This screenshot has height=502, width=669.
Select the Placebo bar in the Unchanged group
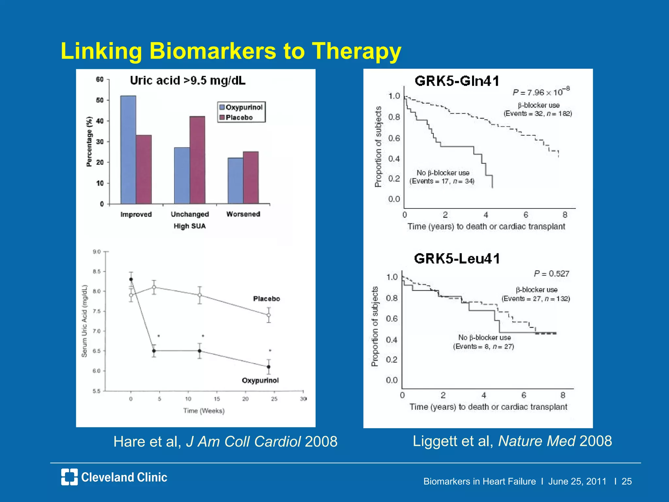coord(197,160)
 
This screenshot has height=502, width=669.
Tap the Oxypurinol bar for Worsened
coord(235,181)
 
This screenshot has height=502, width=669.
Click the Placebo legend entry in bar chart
coord(239,118)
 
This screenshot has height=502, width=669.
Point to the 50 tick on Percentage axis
coord(100,100)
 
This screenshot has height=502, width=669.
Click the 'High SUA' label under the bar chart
coord(189,226)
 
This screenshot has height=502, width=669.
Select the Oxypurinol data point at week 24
coord(269,367)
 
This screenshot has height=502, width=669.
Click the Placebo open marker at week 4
coord(154,287)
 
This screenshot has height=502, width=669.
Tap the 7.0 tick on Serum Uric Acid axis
coord(97,331)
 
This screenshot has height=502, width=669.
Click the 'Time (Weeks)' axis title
coord(204,411)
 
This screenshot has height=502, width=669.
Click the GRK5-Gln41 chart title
coord(457,81)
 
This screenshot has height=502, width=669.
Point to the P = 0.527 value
coord(551,274)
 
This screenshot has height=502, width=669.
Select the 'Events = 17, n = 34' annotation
coord(442,181)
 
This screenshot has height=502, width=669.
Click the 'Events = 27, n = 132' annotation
coord(536,299)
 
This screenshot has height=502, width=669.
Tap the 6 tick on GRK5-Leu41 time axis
coord(524,395)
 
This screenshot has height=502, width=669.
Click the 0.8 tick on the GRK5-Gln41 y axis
coord(394,117)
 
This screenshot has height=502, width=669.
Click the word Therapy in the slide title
coord(356,51)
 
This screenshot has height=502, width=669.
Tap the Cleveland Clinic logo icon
coord(69,477)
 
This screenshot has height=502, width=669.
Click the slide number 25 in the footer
coord(626,481)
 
